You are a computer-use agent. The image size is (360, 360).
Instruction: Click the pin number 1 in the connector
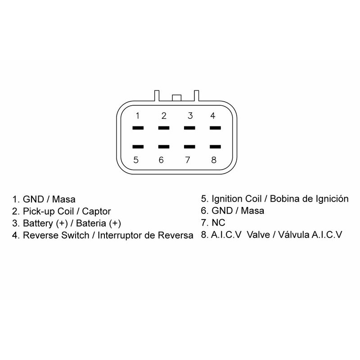pos(137,116)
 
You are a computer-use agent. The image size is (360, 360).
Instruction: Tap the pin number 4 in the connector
pos(213,116)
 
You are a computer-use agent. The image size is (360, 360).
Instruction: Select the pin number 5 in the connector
pos(136,160)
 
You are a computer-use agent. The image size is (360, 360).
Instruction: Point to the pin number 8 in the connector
pos(214,160)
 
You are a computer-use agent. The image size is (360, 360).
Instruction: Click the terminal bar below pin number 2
pos(164,128)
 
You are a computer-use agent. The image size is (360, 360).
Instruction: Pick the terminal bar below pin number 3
pos(190,128)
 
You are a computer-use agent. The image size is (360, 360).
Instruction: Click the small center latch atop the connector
pos(176,97)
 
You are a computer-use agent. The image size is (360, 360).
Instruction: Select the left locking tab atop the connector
pos(157,95)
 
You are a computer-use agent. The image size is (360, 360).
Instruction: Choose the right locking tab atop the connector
pos(196,95)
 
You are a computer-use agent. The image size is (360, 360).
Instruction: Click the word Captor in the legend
pos(97,211)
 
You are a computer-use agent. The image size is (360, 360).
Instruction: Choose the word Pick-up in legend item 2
pos(37,211)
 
